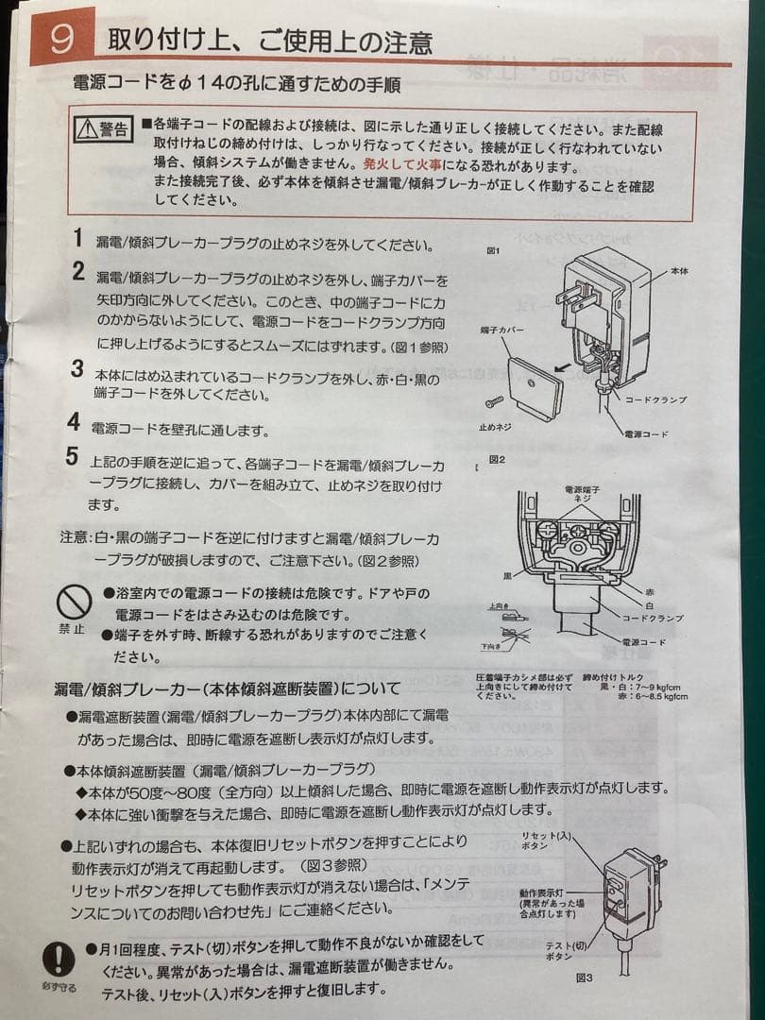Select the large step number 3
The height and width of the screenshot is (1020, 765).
tap(77, 369)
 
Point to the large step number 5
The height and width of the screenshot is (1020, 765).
tap(73, 457)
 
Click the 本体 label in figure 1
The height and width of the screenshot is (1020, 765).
tap(680, 271)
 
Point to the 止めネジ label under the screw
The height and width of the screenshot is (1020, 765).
tap(495, 427)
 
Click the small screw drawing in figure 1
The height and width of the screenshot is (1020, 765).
tap(492, 403)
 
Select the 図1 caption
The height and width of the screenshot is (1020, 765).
tap(492, 253)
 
